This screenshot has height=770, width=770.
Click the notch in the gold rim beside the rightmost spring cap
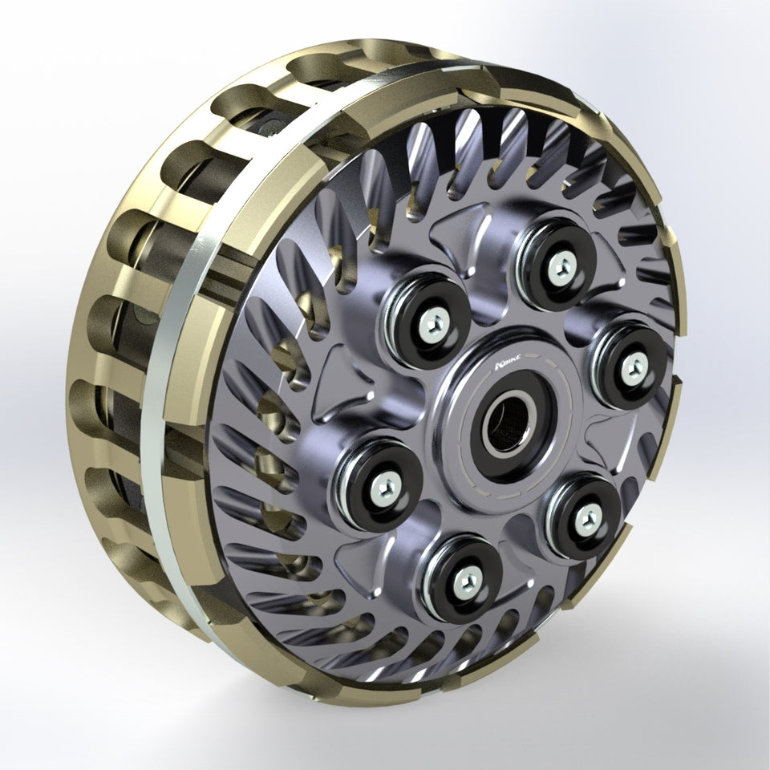point(679,377)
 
